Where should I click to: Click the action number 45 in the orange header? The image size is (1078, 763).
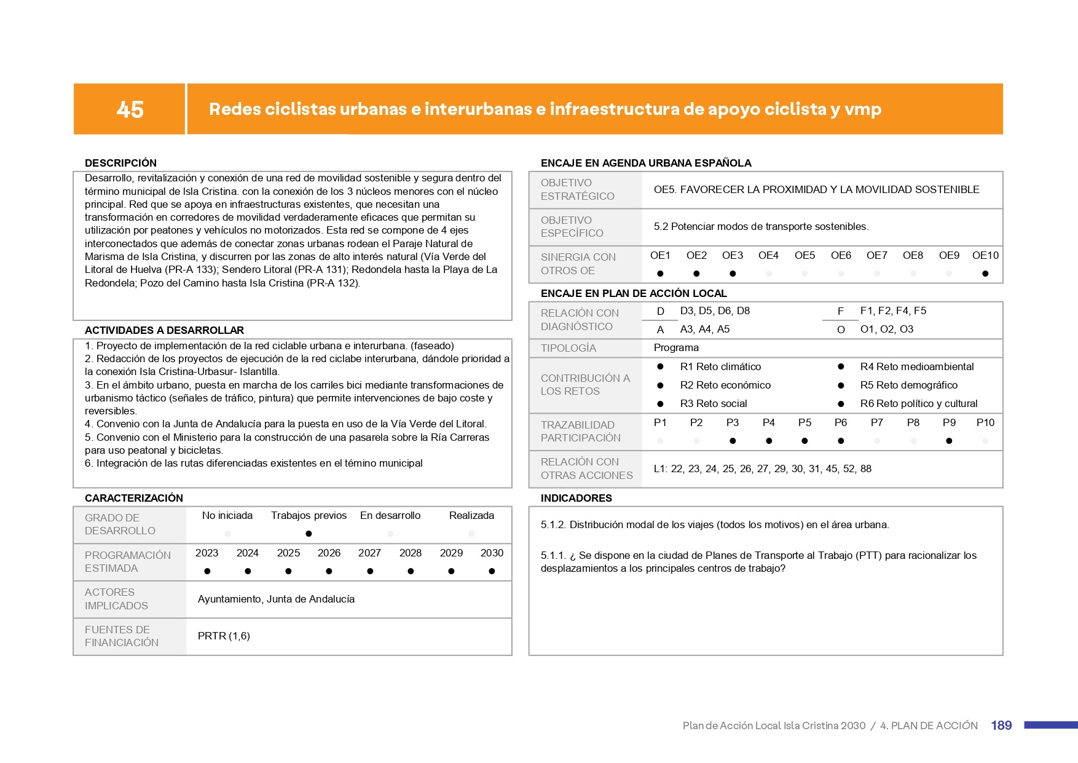coord(130,109)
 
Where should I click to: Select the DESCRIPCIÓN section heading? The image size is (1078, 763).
coord(120,163)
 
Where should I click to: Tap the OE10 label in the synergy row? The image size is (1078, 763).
coord(985,255)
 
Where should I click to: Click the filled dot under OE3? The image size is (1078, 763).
coord(733,274)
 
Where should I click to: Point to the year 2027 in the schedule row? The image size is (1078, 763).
coord(369,553)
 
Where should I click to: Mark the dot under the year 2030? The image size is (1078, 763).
coord(492,571)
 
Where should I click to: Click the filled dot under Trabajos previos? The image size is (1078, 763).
coord(309,534)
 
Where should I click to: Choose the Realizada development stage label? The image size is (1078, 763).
coord(471,515)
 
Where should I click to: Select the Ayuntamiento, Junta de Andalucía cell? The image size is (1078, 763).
coord(276,599)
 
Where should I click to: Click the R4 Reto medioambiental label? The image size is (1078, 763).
coord(916,366)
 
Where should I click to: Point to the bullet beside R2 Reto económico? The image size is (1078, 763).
coord(660,385)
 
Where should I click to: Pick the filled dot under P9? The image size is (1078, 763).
coord(949,441)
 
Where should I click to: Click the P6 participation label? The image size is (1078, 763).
coord(840,422)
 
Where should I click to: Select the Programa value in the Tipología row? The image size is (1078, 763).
coord(676,347)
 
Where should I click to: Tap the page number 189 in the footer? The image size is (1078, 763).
coord(1001,725)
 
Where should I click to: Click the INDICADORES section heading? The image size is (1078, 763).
coord(576,498)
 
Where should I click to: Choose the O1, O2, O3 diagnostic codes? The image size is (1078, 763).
coord(886,329)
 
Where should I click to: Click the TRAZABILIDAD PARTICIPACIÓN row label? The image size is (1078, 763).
coord(580,431)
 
